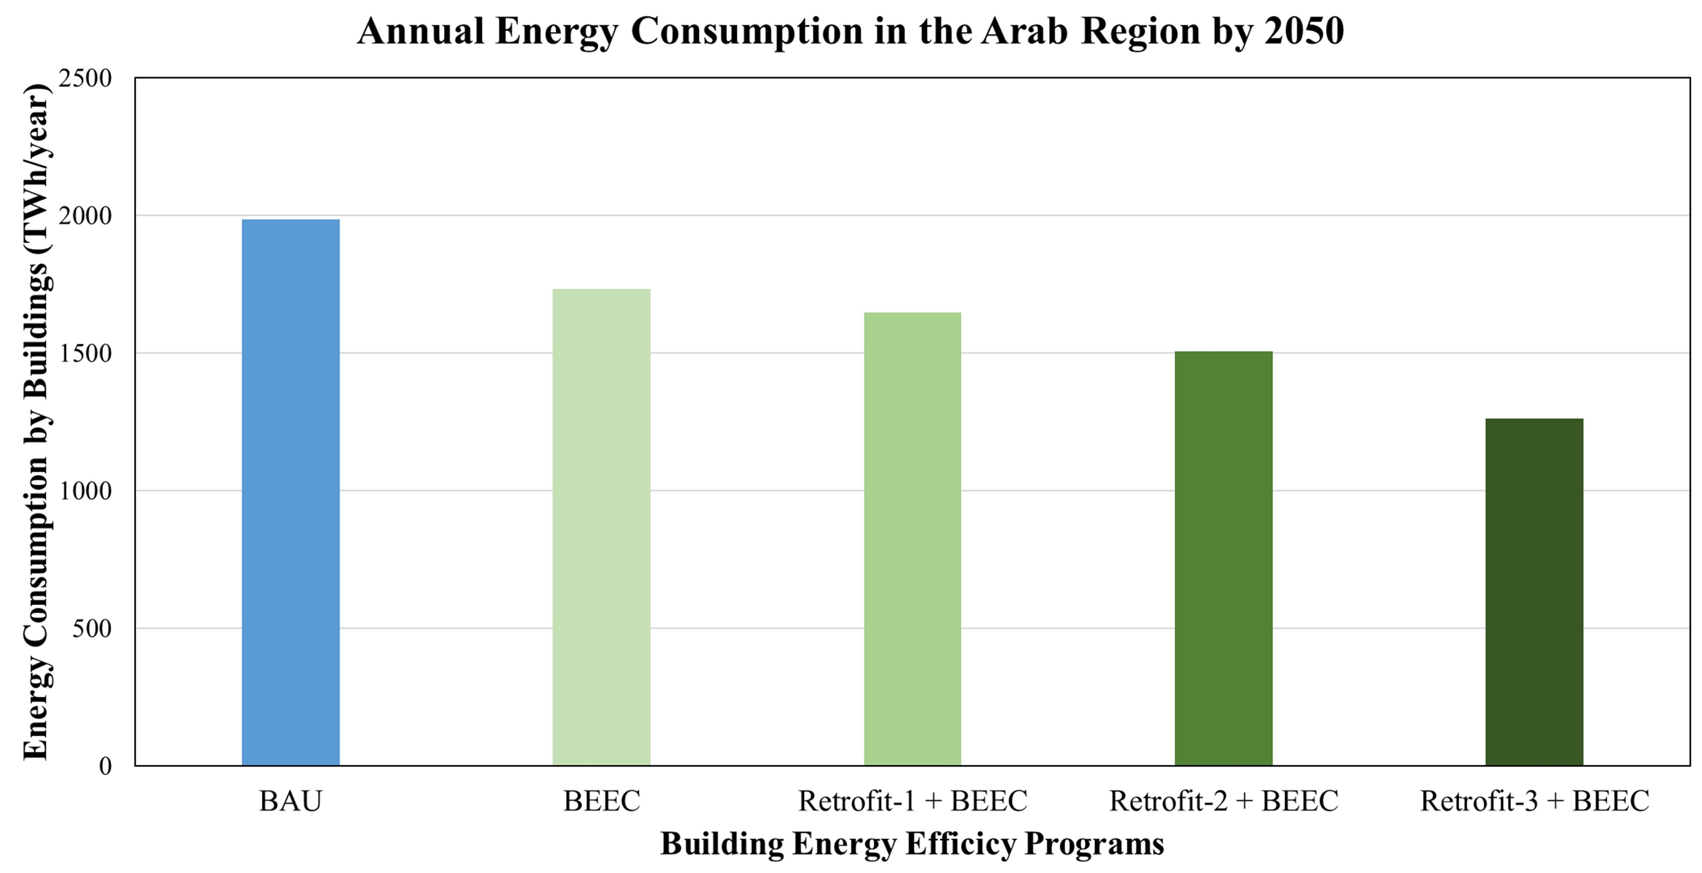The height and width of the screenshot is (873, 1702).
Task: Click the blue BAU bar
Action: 291,493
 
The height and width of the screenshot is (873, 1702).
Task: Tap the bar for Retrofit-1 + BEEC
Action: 913,538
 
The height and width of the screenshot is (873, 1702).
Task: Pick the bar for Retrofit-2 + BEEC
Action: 1223,558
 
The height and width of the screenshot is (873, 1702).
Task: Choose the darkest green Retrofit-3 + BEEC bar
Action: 1534,591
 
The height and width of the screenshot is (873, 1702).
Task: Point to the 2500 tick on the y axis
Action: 86,79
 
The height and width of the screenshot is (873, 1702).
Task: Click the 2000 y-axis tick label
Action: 86,216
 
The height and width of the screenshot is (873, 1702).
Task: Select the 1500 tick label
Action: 86,353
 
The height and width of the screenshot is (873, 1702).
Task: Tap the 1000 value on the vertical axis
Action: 86,491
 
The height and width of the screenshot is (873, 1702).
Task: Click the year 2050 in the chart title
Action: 1304,31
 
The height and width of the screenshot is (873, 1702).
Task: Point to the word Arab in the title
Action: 1023,31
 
